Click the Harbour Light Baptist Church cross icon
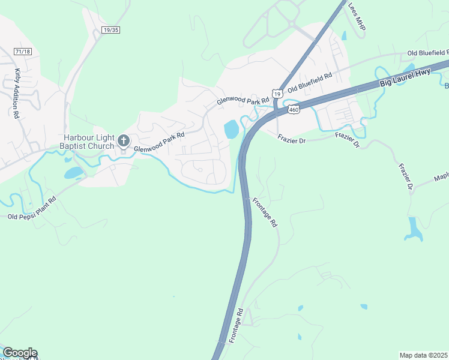click(x=124, y=141)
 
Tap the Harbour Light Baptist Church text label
click(x=87, y=141)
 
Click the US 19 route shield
click(x=277, y=94)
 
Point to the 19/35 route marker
click(x=110, y=29)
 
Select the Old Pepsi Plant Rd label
click(x=32, y=207)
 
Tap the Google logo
click(x=20, y=353)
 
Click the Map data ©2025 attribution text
click(x=424, y=355)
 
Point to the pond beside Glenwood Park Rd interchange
click(x=231, y=128)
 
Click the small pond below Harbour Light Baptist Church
click(x=74, y=173)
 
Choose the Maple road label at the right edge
click(x=441, y=178)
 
